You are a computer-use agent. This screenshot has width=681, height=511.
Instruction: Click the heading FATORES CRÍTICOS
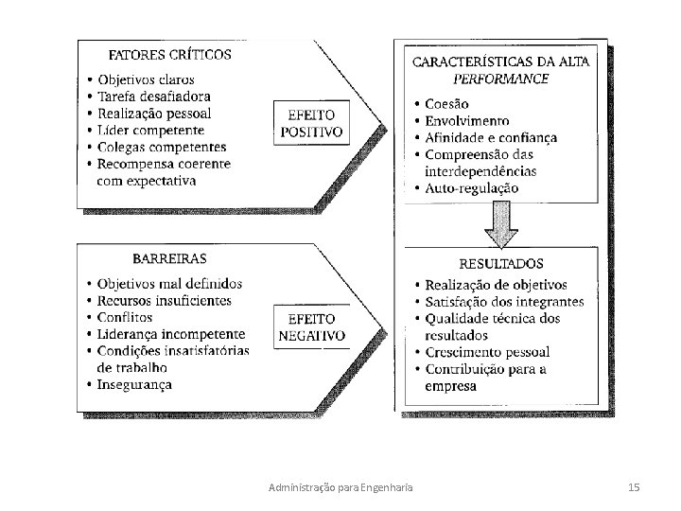click(170, 54)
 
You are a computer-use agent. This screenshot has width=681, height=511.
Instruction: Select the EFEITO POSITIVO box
click(310, 123)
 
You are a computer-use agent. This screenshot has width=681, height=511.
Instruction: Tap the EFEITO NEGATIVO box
click(311, 327)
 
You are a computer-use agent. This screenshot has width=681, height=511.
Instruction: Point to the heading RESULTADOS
click(501, 264)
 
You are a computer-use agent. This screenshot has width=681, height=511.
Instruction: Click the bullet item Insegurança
click(140, 384)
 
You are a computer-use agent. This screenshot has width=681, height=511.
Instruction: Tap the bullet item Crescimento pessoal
click(487, 352)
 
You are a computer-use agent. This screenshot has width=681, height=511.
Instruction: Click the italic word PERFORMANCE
click(500, 79)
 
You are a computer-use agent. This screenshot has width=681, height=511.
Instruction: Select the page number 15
click(634, 486)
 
